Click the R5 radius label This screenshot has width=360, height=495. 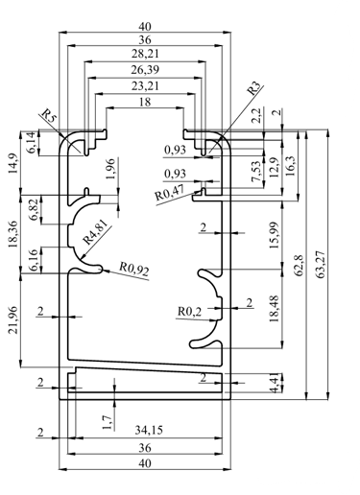point(50,116)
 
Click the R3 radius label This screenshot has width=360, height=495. point(255,88)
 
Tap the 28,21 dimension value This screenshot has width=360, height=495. point(145,54)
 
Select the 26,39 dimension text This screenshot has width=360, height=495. point(145,70)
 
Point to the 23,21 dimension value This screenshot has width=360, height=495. point(145,86)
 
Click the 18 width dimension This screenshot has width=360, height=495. point(145,102)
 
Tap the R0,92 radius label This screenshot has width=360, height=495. point(134,269)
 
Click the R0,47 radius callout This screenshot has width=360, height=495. point(170,193)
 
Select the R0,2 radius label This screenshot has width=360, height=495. point(190,311)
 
